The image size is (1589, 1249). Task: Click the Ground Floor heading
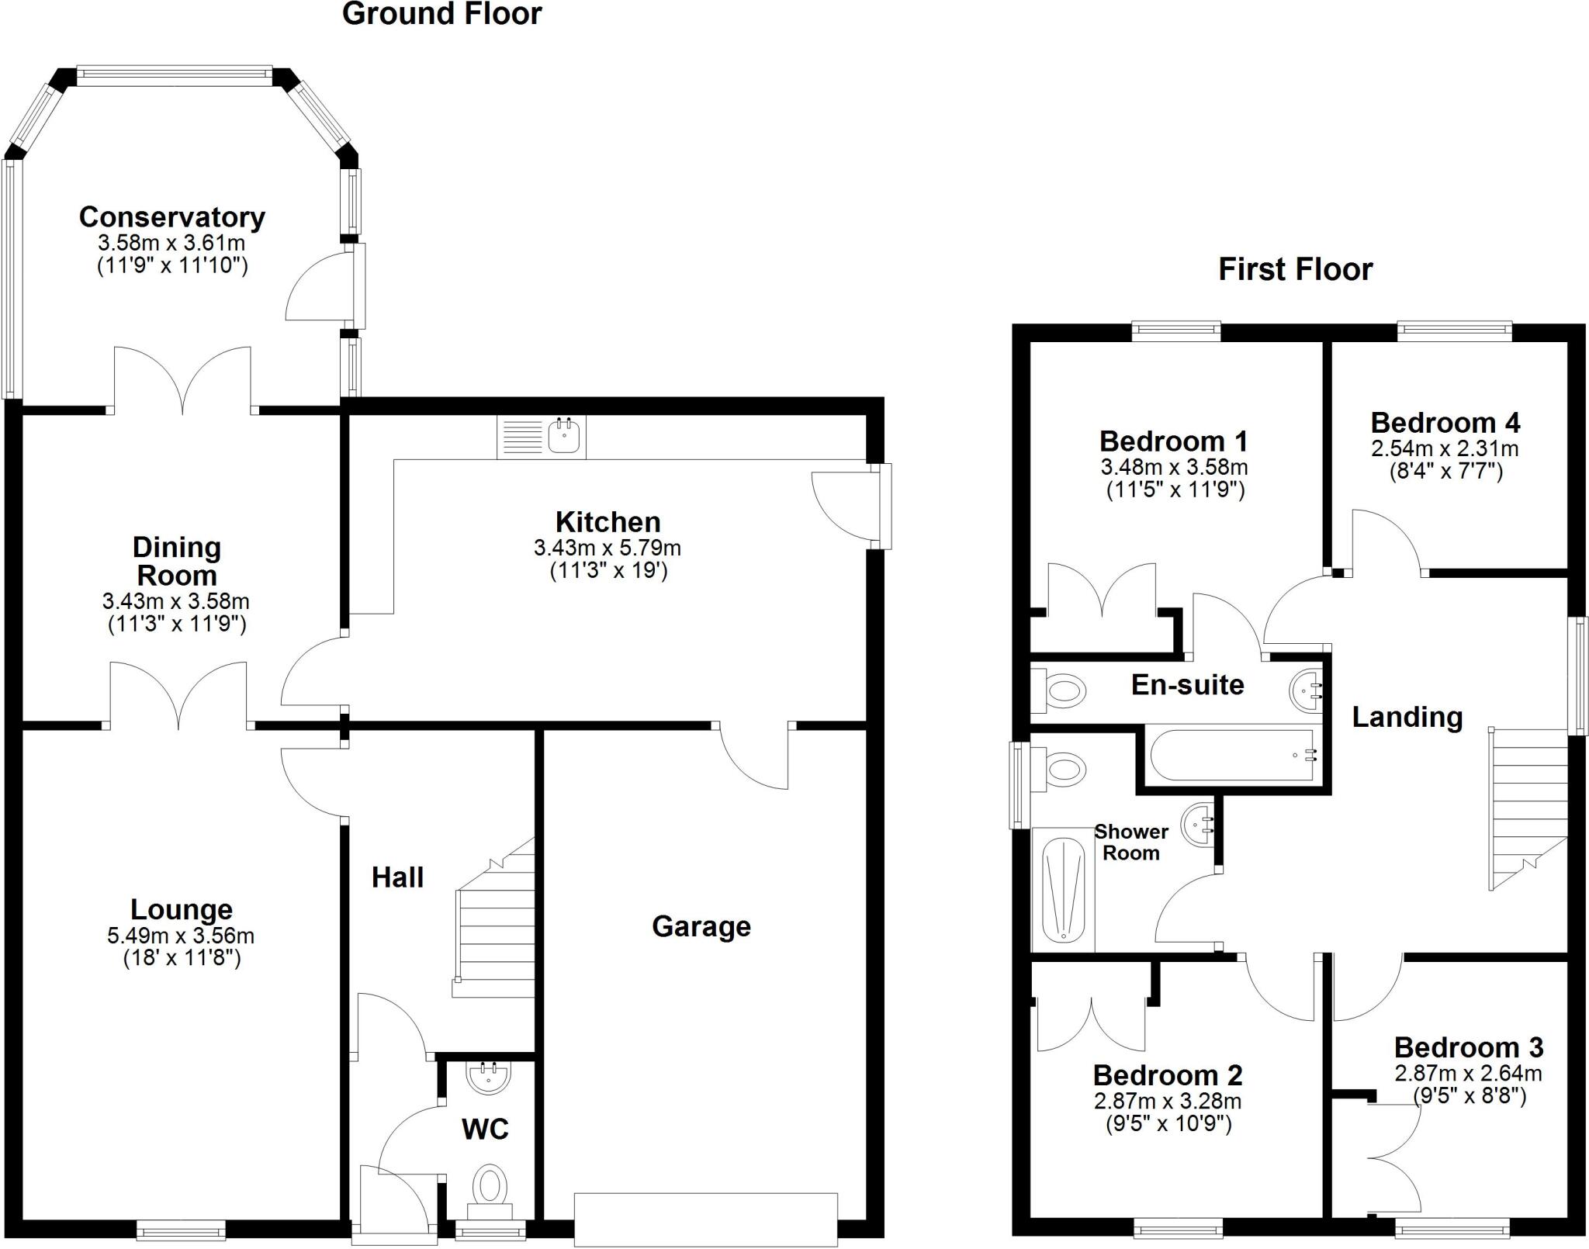441,14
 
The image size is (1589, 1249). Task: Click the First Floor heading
1295,269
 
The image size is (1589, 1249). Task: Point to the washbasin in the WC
488,1077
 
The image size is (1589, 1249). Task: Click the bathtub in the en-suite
1232,754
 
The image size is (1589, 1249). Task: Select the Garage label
701,926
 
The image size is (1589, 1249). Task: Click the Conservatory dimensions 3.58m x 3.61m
171,243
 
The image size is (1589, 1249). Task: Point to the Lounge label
182,909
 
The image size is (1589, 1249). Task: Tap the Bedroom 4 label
1445,423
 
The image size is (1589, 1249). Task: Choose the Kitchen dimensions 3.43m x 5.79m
608,548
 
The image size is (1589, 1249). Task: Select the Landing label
1407,717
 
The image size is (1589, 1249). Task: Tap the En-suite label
1187,685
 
